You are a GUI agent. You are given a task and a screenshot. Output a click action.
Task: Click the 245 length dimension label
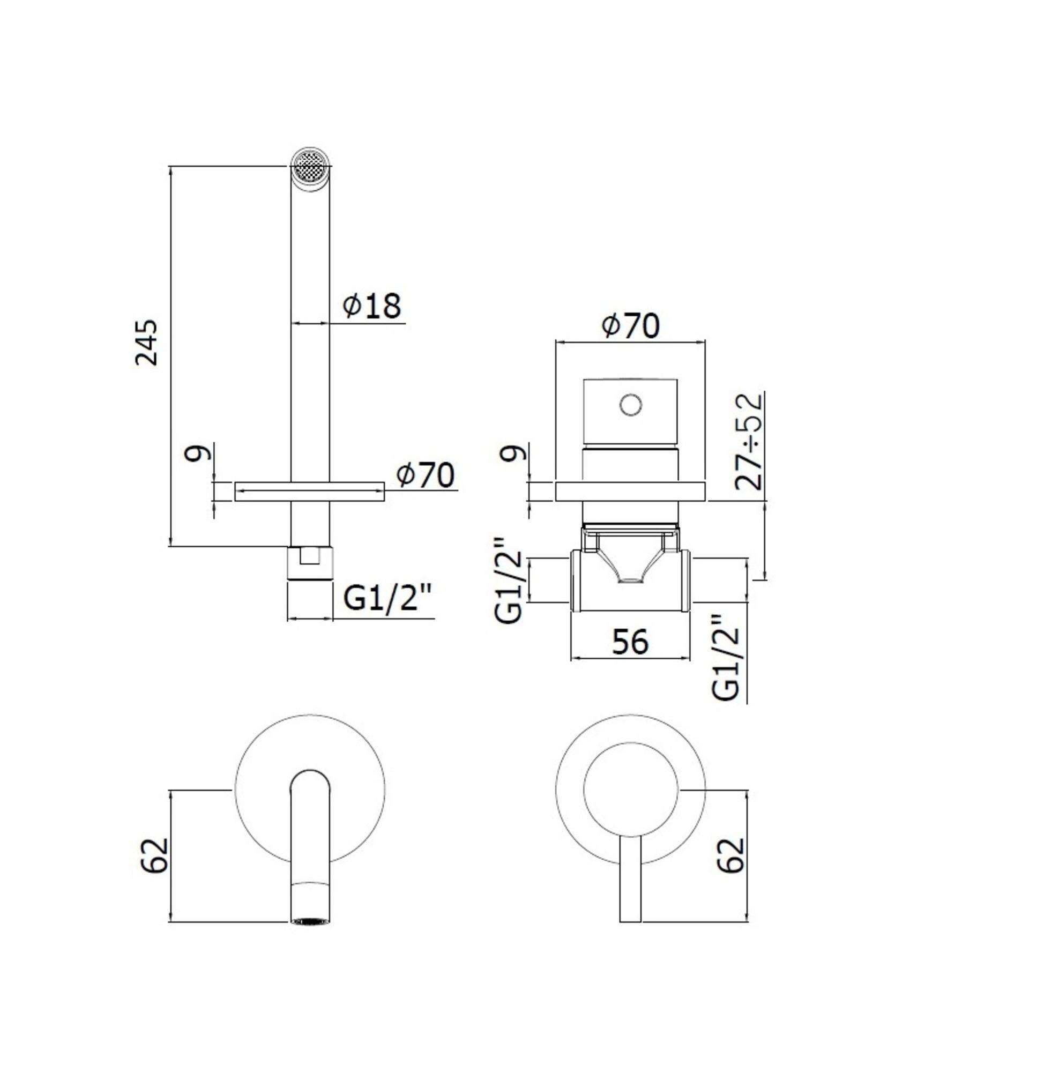(x=147, y=343)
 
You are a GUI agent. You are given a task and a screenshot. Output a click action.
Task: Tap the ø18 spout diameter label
(x=372, y=306)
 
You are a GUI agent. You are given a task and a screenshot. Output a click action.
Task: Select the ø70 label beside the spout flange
(x=426, y=475)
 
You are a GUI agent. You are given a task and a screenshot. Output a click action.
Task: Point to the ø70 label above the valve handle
(x=631, y=326)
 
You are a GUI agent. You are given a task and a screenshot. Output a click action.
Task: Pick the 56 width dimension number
(x=630, y=641)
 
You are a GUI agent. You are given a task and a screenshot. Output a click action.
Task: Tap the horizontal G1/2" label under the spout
(x=387, y=600)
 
